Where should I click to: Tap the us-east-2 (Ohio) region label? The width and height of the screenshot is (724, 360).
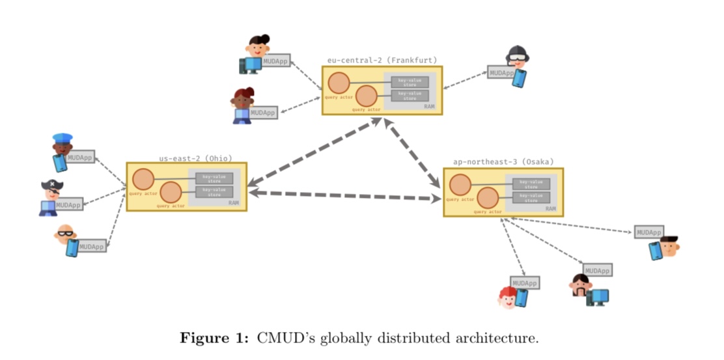(x=195, y=158)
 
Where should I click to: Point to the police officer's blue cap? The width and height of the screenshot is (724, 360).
(x=63, y=138)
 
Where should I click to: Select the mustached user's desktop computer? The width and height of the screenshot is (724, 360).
(x=597, y=297)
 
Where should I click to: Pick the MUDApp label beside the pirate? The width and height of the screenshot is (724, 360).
(x=68, y=205)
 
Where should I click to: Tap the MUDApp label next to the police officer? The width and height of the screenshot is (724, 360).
(x=80, y=157)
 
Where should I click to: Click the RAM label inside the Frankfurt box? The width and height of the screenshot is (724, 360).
(x=429, y=106)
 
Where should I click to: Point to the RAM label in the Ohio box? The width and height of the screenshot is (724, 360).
(x=233, y=203)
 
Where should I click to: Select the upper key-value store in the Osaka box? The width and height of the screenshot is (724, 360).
(x=531, y=184)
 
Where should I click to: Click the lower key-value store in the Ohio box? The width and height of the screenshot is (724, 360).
(x=214, y=191)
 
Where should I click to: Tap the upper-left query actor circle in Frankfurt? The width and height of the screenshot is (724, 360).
(x=339, y=83)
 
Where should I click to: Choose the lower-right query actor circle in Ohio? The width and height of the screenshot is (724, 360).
(x=171, y=193)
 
